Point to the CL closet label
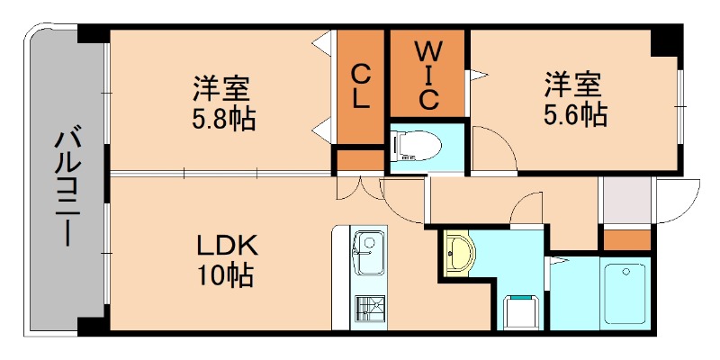pyautogui.click(x=361, y=85)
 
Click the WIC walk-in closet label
pyautogui.click(x=427, y=74)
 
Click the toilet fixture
pyautogui.click(x=420, y=144)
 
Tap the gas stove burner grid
pyautogui.click(x=368, y=309)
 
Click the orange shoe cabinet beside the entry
pyautogui.click(x=625, y=240)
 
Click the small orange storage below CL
pyautogui.click(x=359, y=160)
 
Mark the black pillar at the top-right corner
pyautogui.click(x=667, y=41)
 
